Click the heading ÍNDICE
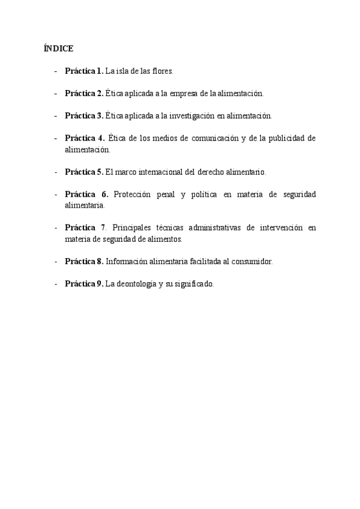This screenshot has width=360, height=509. coord(58,48)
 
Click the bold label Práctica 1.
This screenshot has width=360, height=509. coord(84,71)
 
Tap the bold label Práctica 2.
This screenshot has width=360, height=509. coord(84,94)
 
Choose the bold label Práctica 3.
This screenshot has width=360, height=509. coord(84,116)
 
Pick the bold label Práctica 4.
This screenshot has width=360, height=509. coord(85,139)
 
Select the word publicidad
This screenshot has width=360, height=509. coord(284,139)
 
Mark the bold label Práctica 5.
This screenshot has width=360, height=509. coord(84,172)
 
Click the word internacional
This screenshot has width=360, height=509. coord(159,172)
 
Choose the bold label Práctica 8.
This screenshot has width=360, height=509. coord(84,261)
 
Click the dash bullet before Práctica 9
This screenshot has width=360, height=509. coord(56,284)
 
